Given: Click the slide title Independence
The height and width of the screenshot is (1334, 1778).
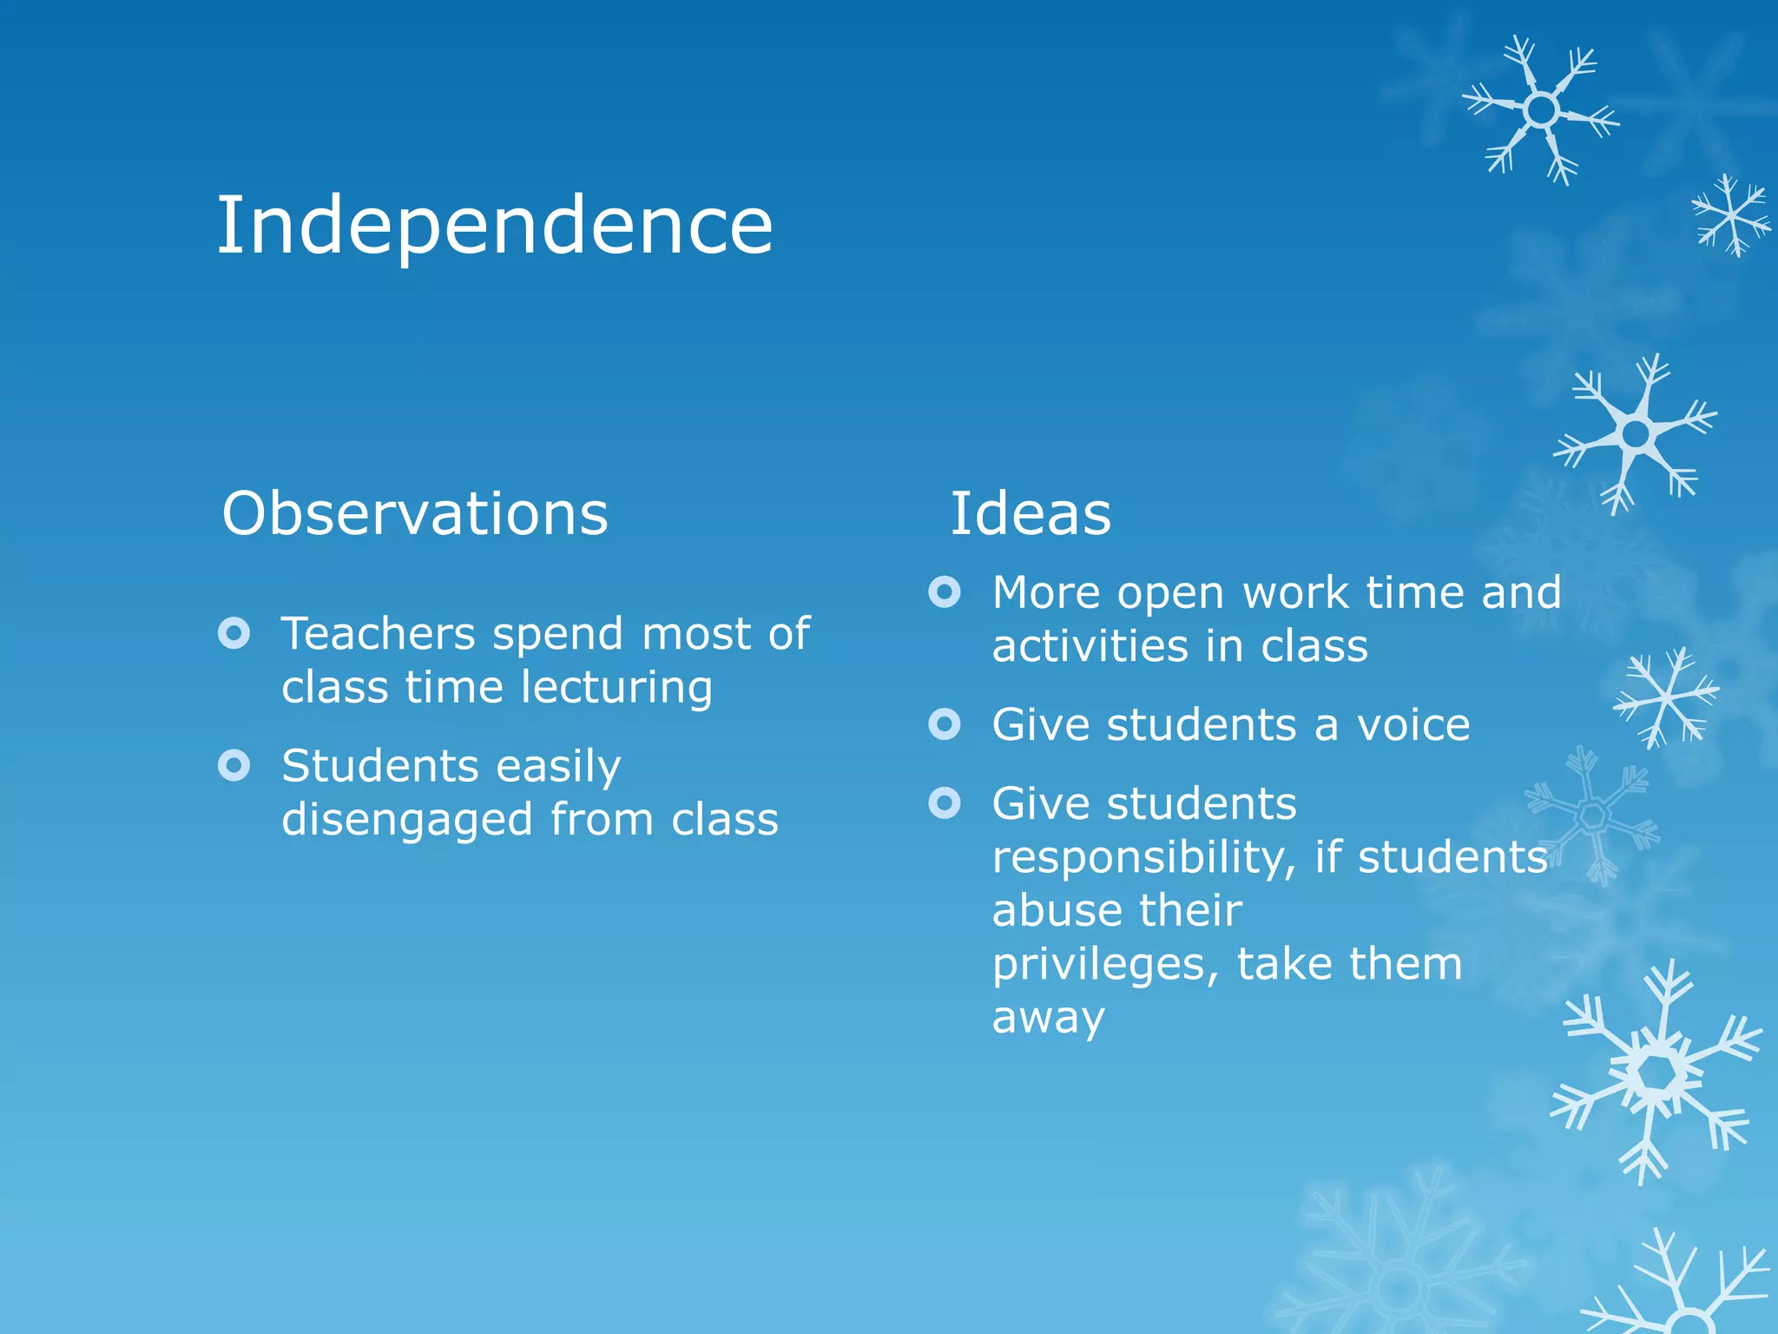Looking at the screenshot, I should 494,226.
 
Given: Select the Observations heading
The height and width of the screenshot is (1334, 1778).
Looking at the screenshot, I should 415,513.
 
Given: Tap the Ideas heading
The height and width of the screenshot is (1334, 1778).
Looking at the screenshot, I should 1030,513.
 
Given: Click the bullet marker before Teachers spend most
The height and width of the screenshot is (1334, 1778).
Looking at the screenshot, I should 234,633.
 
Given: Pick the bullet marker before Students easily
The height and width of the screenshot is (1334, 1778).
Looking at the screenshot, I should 234,765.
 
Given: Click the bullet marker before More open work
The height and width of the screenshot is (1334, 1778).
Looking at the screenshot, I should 945,592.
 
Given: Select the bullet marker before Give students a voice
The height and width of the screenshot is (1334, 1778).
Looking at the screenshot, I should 945,723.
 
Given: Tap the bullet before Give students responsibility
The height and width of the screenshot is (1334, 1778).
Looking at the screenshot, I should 945,802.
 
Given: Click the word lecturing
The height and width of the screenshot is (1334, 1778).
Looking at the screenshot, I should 617,688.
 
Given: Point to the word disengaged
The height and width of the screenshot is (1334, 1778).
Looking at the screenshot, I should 407,821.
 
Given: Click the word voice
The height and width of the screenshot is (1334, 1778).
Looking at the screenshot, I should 1413,724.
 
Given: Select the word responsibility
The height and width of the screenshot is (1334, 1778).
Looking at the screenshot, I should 1144,858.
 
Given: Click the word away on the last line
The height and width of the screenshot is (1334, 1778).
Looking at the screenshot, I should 1048,1018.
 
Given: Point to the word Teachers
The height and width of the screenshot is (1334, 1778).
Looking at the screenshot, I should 378,633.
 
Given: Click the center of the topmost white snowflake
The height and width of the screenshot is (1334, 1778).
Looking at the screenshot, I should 1542,110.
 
